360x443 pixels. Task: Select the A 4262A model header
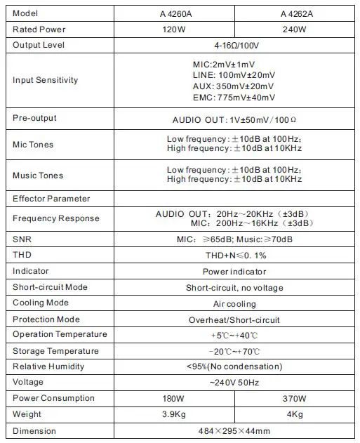point(294,13)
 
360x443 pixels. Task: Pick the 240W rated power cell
point(294,29)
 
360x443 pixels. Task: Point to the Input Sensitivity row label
point(45,80)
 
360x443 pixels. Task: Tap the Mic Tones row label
point(33,145)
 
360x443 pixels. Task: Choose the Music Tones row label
point(38,175)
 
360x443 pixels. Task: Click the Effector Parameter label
point(52,199)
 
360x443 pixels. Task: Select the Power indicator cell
point(234,271)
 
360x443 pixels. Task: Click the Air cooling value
point(234,304)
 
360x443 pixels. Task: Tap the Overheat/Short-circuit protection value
point(234,320)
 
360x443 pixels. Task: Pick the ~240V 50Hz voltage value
point(234,383)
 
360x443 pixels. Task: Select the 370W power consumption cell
point(294,399)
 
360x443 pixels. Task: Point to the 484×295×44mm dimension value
point(234,431)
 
